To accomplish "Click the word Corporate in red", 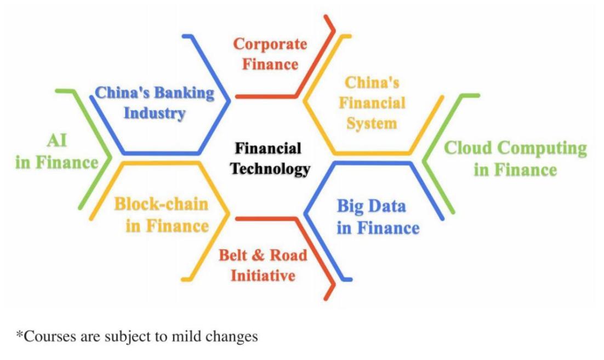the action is pos(270,44).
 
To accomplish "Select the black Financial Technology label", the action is pos(270,159).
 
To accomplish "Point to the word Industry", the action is pos(155,113).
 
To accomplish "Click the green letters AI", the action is pos(57,140).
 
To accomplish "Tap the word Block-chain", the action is pos(161,204).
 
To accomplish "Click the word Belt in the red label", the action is pos(232,255).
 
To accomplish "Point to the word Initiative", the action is pos(263,276).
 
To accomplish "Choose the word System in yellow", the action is pos(372,124).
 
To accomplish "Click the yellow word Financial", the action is pos(372,103).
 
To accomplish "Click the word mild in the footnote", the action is pos(187,336).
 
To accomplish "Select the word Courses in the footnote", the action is pos(50,336).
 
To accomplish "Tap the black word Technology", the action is pos(270,169).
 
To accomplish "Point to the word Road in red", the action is pos(288,255).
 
